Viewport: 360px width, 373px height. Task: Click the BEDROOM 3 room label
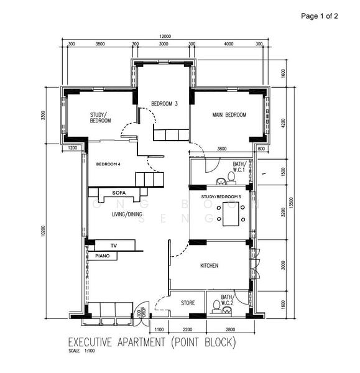(x=165, y=104)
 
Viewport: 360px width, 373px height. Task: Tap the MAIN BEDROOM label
(x=229, y=115)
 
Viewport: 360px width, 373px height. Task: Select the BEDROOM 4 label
(x=108, y=164)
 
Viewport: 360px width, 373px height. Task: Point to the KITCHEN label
(x=209, y=265)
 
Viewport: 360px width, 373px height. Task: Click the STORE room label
(x=188, y=303)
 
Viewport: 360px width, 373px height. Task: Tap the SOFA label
(x=119, y=193)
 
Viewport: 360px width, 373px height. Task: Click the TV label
(x=114, y=246)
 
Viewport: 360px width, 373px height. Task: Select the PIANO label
(x=102, y=255)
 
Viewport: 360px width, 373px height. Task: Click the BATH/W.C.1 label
(x=240, y=167)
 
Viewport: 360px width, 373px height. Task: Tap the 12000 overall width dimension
(x=164, y=36)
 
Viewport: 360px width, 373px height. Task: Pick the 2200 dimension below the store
(x=187, y=329)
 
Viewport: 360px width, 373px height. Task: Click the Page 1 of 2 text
(x=319, y=16)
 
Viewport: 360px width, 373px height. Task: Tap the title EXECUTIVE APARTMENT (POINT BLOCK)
(x=152, y=343)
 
